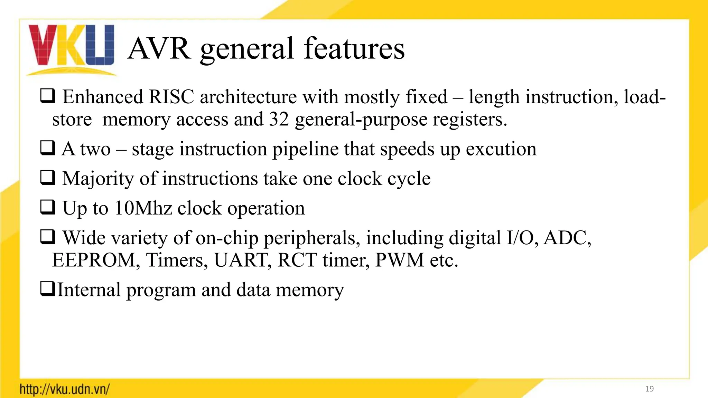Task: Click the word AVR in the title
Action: [x=159, y=49]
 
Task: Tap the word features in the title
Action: [x=354, y=49]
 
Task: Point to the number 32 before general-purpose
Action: [x=279, y=120]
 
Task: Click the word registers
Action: [x=470, y=120]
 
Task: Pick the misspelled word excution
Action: [x=501, y=149]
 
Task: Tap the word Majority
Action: [x=98, y=179]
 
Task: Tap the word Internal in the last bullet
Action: [x=89, y=290]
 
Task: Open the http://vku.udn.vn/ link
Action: [x=65, y=389]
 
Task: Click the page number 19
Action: [x=649, y=389]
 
